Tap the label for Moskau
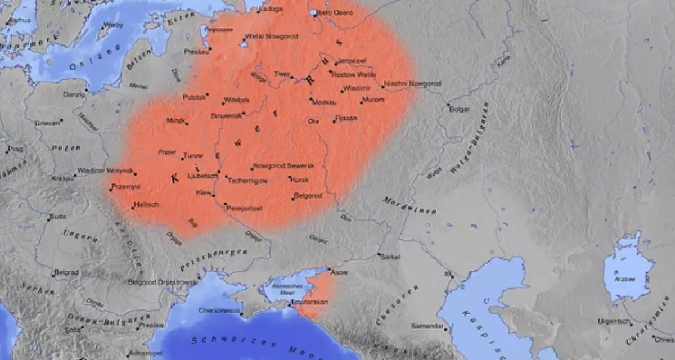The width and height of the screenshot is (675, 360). point(325,102)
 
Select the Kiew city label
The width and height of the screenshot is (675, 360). point(203,192)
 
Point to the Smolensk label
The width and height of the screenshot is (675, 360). point(226,115)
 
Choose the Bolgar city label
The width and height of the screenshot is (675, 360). point(460,109)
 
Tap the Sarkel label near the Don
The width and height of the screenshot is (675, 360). point(390,256)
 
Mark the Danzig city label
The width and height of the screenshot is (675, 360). point(74,94)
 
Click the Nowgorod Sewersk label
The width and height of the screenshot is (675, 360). point(283,165)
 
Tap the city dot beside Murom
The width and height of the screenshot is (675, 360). point(362,102)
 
